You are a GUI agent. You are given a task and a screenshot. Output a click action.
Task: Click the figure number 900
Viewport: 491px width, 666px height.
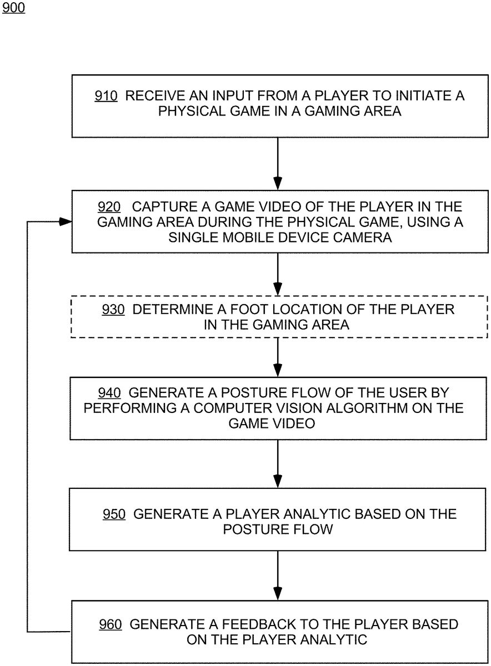pos(13,7)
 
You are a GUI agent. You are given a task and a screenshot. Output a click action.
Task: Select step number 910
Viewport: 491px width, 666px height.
pos(106,95)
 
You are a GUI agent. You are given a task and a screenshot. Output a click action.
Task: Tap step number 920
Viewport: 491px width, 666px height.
pos(109,207)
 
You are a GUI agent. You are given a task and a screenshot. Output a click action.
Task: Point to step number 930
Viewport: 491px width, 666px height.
pos(113,310)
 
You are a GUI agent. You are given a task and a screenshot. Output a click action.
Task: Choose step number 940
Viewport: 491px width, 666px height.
pos(109,393)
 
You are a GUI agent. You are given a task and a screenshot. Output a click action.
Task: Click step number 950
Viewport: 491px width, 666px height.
pos(114,514)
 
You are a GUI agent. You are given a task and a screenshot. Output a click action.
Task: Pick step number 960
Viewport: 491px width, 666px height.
pos(111,624)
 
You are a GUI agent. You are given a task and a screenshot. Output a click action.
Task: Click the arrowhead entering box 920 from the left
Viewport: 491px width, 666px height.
pos(66,222)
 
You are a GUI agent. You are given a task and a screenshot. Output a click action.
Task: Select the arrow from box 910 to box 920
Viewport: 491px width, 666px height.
pos(278,164)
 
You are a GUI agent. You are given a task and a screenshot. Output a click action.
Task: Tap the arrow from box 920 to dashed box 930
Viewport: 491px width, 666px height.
pos(278,274)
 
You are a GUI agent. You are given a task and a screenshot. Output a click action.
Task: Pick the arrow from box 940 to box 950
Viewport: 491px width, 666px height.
pos(278,464)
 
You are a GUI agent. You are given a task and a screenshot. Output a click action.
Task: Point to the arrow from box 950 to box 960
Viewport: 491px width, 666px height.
pos(278,576)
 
